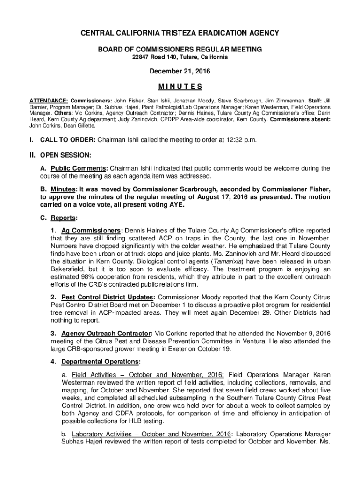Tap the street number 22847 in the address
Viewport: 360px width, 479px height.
(141, 58)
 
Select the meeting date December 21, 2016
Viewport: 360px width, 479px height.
(180, 72)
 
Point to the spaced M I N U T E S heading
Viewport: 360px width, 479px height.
(180, 87)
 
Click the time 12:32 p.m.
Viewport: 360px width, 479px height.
(239, 140)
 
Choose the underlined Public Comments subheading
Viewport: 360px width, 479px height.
(79, 168)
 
